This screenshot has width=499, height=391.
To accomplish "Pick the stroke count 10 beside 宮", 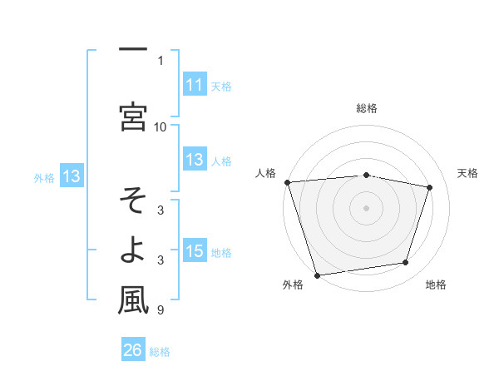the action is [161, 126].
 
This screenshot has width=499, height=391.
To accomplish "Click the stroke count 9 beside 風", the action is [161, 311].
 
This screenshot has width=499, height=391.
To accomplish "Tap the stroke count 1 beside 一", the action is [161, 60].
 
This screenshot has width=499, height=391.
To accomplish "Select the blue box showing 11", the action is [194, 85].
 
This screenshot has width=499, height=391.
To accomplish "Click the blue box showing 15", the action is [194, 251].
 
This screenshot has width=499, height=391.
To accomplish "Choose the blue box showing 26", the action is [132, 350].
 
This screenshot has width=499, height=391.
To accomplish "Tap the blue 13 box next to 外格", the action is [71, 176].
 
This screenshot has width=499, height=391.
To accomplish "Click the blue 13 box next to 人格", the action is [194, 160].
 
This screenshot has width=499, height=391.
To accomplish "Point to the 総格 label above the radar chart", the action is [367, 108].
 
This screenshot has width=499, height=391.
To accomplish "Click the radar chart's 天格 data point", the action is [429, 187].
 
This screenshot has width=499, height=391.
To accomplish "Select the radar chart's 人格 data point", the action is [287, 182].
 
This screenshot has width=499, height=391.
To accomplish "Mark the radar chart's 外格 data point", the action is [317, 275].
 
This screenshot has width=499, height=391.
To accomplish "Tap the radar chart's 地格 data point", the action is [406, 263].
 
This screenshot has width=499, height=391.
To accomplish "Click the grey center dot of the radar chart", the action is [367, 207].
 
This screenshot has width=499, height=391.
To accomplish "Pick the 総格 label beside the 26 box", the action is [160, 352].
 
